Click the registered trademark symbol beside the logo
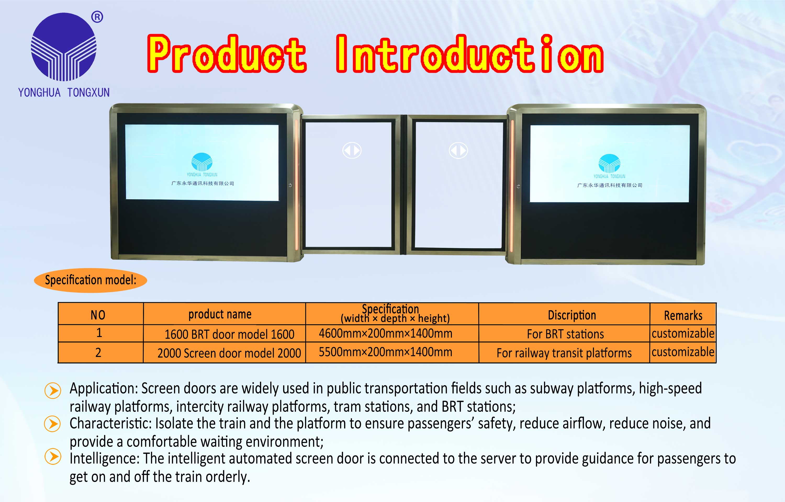click(97, 17)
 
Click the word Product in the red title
click(227, 54)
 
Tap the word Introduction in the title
click(470, 54)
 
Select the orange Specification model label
click(90, 280)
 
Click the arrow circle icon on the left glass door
click(352, 151)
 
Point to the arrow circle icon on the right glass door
click(458, 151)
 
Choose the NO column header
click(98, 315)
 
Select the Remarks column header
click(683, 316)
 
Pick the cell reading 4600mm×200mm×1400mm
click(385, 333)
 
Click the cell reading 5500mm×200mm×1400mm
click(385, 352)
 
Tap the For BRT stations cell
click(565, 334)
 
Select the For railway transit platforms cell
click(564, 353)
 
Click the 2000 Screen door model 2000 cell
click(229, 353)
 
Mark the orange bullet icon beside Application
click(53, 390)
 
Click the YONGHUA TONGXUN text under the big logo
click(64, 93)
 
